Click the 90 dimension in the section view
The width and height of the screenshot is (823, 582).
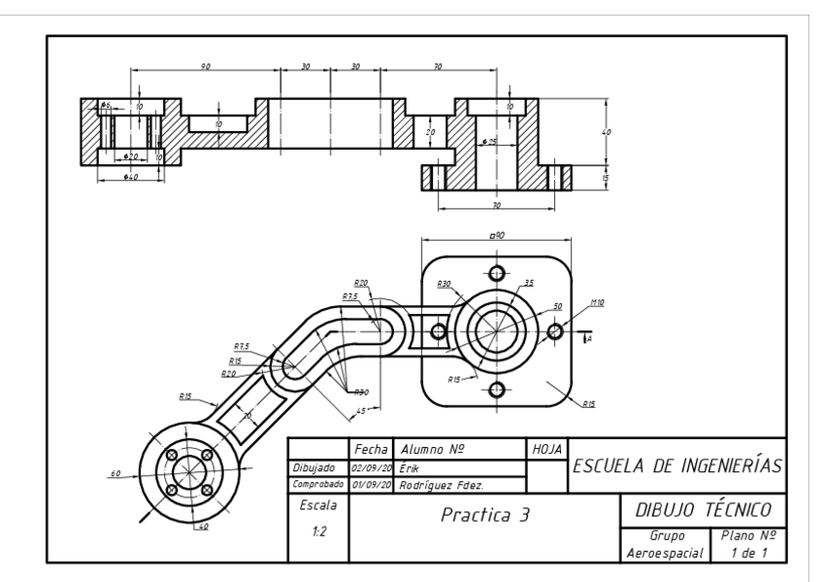pos(205,66)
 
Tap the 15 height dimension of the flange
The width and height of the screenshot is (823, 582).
pos(607,178)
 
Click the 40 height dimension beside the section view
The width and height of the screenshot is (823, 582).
pos(607,132)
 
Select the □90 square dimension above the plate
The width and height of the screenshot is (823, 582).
pos(495,236)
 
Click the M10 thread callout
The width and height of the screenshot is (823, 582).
pos(597,304)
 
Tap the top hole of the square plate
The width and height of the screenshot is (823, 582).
pos(496,272)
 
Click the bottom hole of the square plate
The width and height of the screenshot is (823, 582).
pos(496,390)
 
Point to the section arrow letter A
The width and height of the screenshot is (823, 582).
pos(589,339)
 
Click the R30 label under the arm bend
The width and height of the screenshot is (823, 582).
pos(361,392)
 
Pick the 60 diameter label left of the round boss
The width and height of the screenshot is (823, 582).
pos(115,473)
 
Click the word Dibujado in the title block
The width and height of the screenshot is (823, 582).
pos(313,467)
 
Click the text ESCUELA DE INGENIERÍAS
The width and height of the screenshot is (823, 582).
pos(678,465)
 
